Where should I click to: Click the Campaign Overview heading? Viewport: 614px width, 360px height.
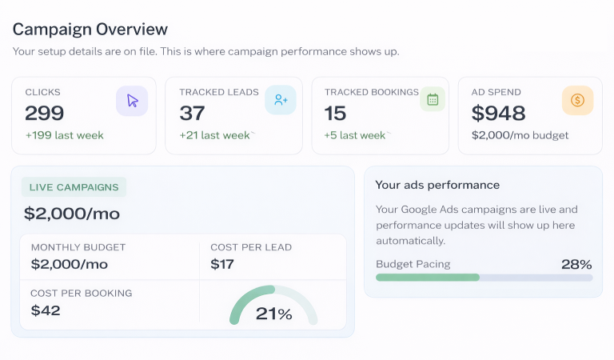coord(90,30)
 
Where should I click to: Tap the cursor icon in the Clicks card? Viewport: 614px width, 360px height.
coord(132,101)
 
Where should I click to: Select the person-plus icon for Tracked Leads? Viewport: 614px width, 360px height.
coord(281,100)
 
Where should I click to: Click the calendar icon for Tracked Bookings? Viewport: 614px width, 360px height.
coord(433,99)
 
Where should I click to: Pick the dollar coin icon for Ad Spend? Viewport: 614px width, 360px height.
coord(577,101)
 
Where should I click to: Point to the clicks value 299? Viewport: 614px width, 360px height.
coord(45,113)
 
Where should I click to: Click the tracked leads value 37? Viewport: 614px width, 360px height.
coord(193,113)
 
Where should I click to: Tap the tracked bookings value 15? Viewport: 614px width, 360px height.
coord(336,113)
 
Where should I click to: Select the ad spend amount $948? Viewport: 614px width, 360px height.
coord(498,113)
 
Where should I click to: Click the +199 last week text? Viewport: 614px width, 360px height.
coord(64,135)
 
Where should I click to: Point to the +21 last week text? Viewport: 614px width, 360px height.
coord(215,135)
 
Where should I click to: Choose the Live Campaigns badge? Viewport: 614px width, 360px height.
coord(74,187)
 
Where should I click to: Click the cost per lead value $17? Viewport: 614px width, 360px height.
coord(222,264)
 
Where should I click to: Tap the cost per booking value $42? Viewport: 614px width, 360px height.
coord(46,310)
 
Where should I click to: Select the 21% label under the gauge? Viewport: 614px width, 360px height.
coord(273,314)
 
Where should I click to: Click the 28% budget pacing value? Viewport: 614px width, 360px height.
coord(576,264)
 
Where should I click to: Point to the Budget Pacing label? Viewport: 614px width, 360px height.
coord(413,264)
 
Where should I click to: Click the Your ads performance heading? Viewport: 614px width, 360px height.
coord(437,185)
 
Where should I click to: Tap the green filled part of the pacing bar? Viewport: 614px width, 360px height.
coord(427,278)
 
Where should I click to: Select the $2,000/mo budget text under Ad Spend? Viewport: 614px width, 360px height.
coord(520,135)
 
